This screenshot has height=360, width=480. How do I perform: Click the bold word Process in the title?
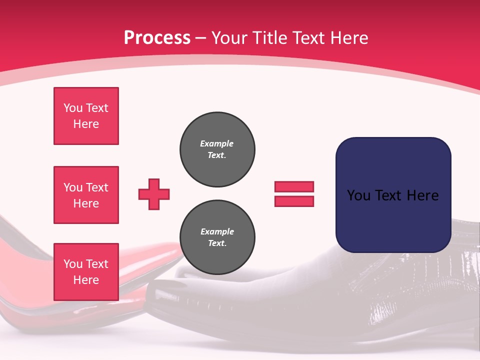157,37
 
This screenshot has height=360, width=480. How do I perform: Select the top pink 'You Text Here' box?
86,116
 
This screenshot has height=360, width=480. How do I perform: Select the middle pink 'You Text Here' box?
86,195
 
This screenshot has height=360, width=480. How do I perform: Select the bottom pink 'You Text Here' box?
86,272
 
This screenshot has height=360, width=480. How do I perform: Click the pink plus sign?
154,194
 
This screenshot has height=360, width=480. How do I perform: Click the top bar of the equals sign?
294,186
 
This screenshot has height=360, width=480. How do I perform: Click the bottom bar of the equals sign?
294,201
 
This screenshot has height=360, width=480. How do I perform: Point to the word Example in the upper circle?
217,143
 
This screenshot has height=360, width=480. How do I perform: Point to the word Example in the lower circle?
217,231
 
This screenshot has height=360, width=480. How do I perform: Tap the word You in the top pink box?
73,108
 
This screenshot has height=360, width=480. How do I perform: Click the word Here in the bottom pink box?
86,280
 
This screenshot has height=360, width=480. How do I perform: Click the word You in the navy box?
358,195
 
